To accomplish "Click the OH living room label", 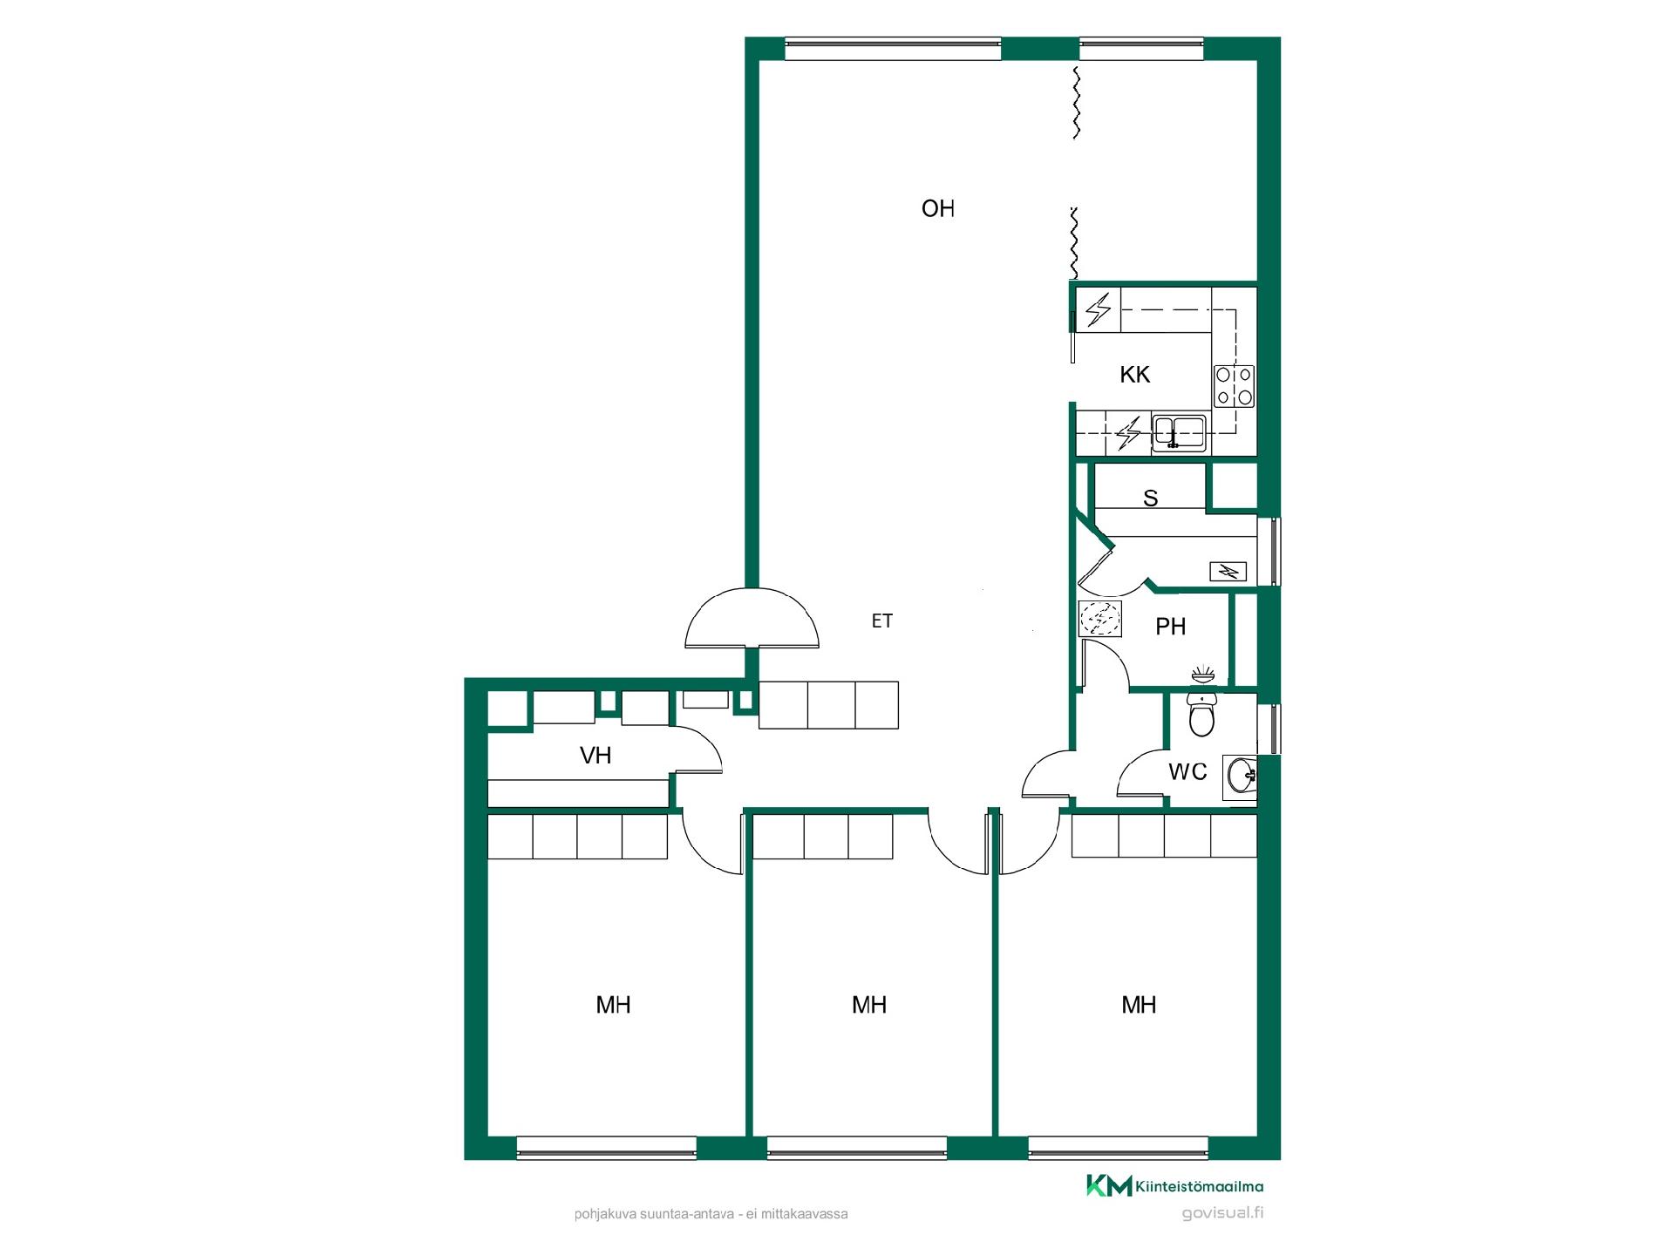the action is tap(938, 209).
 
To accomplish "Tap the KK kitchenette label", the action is tap(1135, 375).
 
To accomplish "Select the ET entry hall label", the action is tap(882, 621).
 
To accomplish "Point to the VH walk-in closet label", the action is tap(595, 756).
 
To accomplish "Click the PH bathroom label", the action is tap(1171, 627).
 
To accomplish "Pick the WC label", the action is tap(1187, 771).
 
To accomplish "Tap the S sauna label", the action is tap(1151, 499).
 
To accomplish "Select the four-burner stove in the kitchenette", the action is tap(1235, 386).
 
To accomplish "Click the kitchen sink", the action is tap(1179, 431).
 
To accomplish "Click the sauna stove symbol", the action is tap(1228, 572).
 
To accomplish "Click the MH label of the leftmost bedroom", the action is tap(613, 1005).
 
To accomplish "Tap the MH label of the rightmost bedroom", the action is tap(1139, 1005).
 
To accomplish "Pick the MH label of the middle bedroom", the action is tap(869, 1005).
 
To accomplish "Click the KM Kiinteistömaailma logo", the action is tap(1174, 1185).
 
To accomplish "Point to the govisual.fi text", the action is tap(1222, 1213).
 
